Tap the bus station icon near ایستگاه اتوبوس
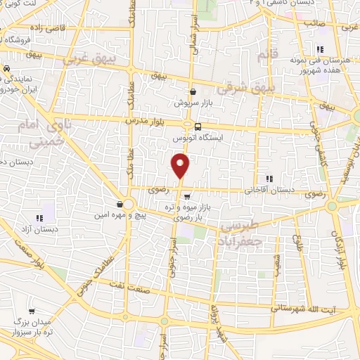point(198,127)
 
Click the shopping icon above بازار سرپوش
point(193,92)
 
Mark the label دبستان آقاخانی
point(268,190)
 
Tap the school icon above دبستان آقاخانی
point(269,179)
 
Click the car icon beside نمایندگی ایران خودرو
point(6,70)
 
